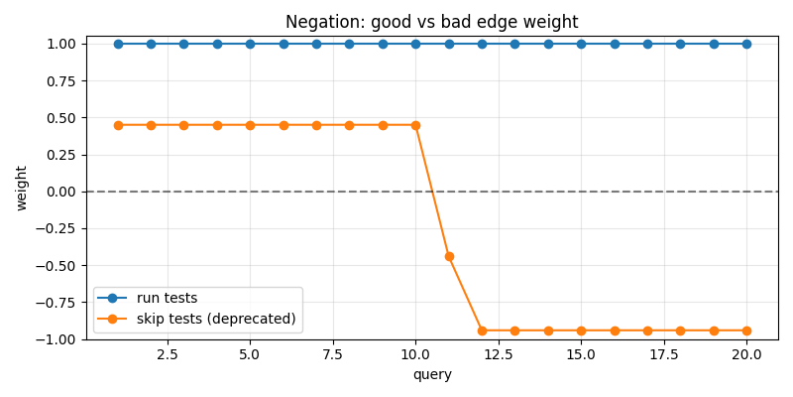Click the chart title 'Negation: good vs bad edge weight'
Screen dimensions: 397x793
[431, 22]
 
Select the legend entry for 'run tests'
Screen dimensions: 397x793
[167, 298]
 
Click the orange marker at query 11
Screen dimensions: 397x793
[449, 256]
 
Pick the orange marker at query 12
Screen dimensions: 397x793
[482, 331]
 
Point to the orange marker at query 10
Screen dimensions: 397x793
[415, 125]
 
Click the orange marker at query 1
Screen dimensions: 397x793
[118, 125]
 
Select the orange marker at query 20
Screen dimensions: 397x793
[746, 331]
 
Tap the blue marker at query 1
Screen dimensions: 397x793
[118, 44]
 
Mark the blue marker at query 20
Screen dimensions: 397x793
[746, 44]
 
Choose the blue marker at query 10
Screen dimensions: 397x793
[415, 44]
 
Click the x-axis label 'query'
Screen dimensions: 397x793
[432, 375]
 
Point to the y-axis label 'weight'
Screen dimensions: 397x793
[22, 188]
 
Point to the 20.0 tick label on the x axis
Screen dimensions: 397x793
[746, 354]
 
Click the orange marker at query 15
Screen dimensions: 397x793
[581, 331]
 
